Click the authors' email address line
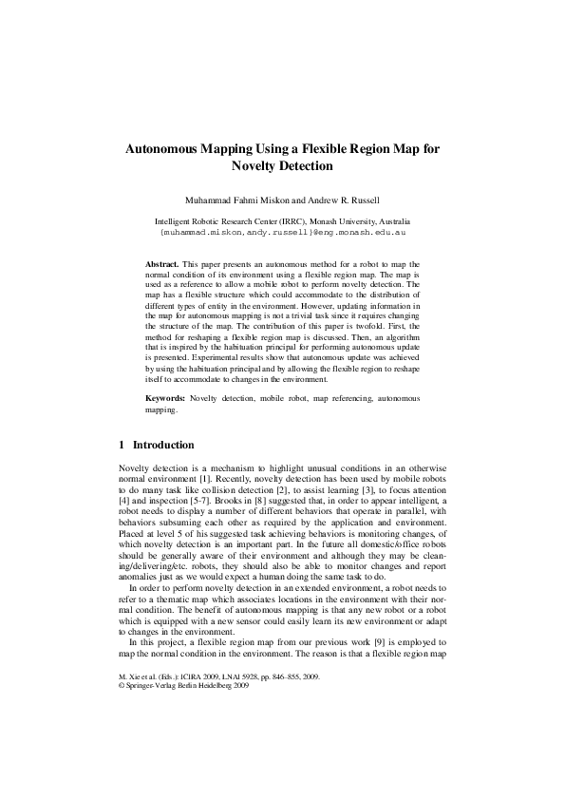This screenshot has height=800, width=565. pyautogui.click(x=282, y=231)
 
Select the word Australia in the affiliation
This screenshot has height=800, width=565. pyautogui.click(x=389, y=220)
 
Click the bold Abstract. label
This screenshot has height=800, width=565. pyautogui.click(x=162, y=261)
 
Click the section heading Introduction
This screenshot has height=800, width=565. pyautogui.click(x=163, y=445)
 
